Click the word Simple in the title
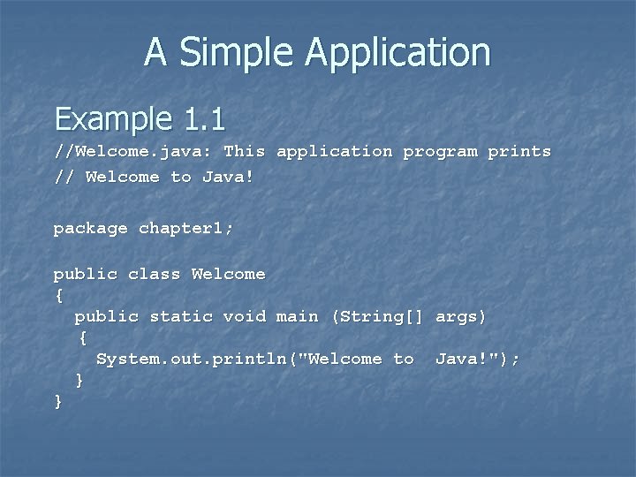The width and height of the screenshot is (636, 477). pyautogui.click(x=238, y=52)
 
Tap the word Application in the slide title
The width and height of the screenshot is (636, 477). pyautogui.click(x=397, y=52)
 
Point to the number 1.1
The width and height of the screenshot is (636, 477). pyautogui.click(x=205, y=118)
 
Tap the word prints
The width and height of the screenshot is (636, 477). pyautogui.click(x=519, y=152)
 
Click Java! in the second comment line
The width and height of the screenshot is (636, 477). pyautogui.click(x=228, y=178)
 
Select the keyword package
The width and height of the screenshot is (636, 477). pyautogui.click(x=90, y=229)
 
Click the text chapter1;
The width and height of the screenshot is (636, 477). pyautogui.click(x=186, y=229)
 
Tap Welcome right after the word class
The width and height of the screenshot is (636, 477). pyautogui.click(x=228, y=274)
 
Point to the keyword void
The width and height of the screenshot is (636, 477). pyautogui.click(x=244, y=316)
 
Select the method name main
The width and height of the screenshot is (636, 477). pyautogui.click(x=297, y=316)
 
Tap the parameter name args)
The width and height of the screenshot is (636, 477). pyautogui.click(x=461, y=316)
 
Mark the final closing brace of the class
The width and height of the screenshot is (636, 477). pyautogui.click(x=58, y=402)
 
